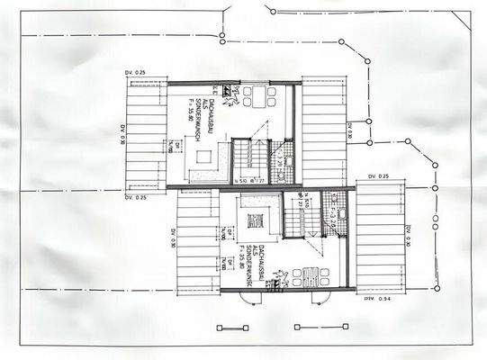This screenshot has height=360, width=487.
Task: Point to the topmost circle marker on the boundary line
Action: (270, 11)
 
